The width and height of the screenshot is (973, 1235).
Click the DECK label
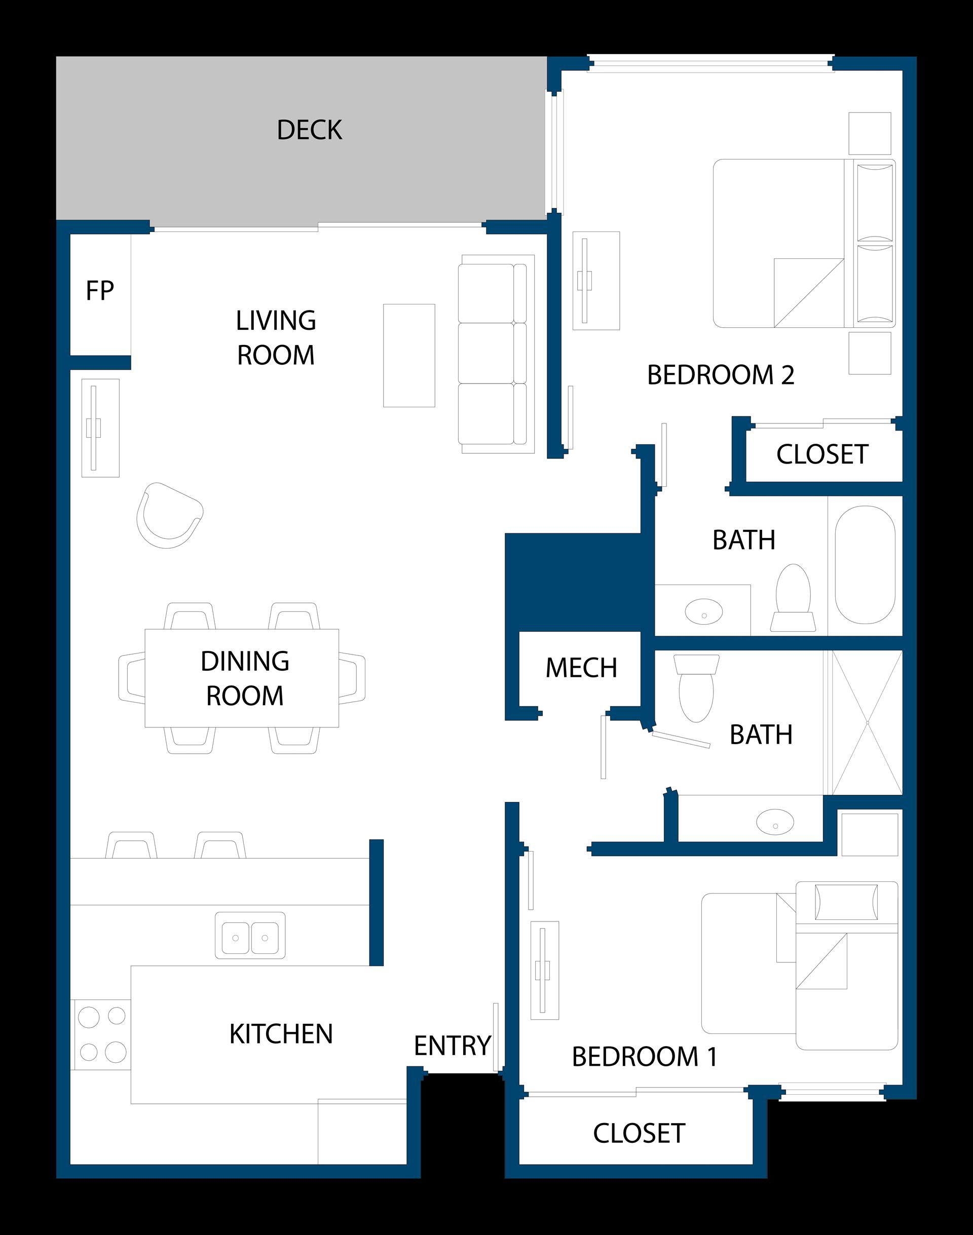pyautogui.click(x=309, y=130)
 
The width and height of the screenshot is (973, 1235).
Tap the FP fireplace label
pyautogui.click(x=100, y=291)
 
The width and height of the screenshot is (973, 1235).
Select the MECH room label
pyautogui.click(x=581, y=668)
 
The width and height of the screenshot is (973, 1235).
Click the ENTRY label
pyautogui.click(x=453, y=1046)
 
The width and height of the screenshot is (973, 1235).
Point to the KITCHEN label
pyautogui.click(x=281, y=1034)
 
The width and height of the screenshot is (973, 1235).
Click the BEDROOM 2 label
pyautogui.click(x=721, y=375)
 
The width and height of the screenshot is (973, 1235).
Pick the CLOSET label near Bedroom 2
pyautogui.click(x=822, y=454)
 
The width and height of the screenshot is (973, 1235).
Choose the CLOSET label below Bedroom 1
pyautogui.click(x=639, y=1133)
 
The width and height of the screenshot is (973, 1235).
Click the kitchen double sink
pyautogui.click(x=250, y=936)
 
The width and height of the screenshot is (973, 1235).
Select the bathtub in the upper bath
pyautogui.click(x=865, y=565)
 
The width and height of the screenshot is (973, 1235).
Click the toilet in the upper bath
pyautogui.click(x=793, y=597)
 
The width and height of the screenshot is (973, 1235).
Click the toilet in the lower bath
pyautogui.click(x=696, y=688)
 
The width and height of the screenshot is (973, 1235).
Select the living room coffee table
pyautogui.click(x=409, y=355)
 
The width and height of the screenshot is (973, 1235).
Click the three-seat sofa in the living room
pyautogui.click(x=493, y=354)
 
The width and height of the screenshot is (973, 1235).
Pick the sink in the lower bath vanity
pyautogui.click(x=775, y=822)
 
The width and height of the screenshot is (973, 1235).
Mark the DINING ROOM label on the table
pyautogui.click(x=245, y=678)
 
